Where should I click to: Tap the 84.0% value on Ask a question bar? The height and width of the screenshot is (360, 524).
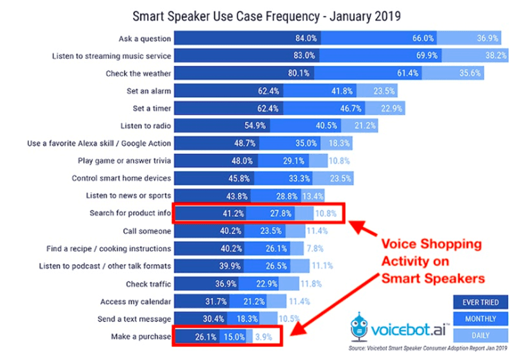point(305,38)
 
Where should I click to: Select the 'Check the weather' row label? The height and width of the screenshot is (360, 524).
point(138,74)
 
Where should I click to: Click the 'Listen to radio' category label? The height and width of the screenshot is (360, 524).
point(146,125)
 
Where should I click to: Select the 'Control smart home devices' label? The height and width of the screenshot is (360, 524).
point(121,178)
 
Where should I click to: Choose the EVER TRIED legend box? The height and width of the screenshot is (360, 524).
point(481,303)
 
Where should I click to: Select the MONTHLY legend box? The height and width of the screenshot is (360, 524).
point(481,319)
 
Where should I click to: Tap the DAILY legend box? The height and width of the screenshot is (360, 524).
point(481,335)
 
